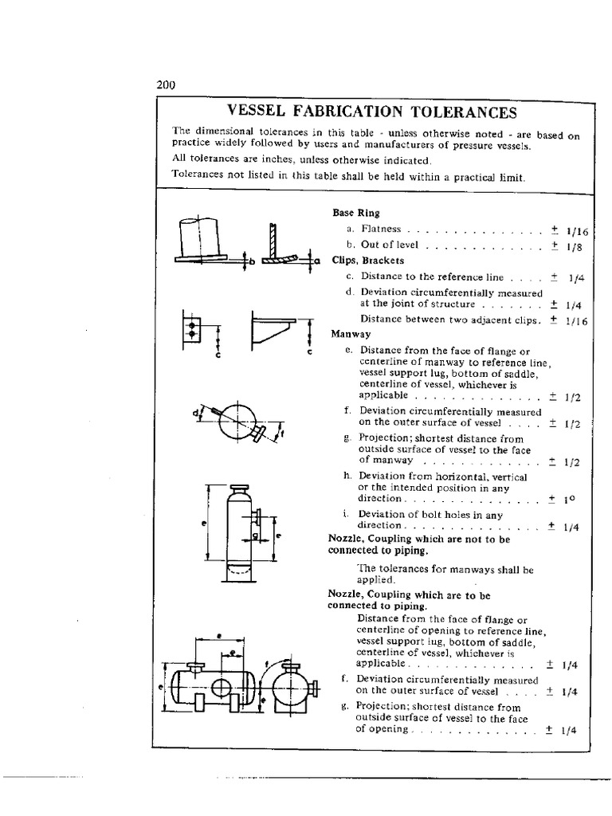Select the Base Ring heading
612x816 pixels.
356,214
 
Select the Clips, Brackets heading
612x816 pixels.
368,260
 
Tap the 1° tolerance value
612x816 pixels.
569,500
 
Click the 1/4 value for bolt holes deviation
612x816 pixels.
571,527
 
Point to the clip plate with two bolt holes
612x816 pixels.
192,328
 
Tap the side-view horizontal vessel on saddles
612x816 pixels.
214,682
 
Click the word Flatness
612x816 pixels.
381,229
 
